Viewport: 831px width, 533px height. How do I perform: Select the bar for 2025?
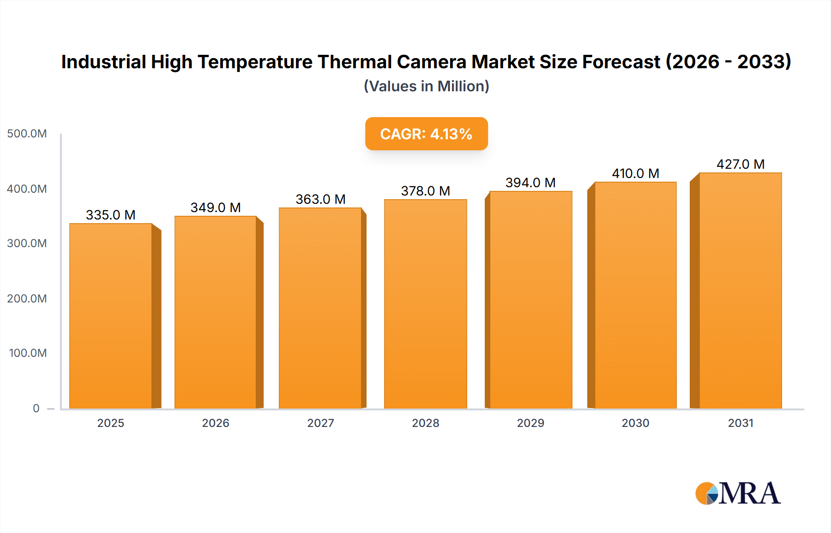[111, 316]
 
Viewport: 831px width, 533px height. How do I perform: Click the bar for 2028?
[425, 304]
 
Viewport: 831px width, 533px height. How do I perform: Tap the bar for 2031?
[740, 290]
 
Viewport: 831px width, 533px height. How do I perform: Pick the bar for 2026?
[215, 312]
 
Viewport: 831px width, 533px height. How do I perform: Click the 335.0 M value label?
[111, 215]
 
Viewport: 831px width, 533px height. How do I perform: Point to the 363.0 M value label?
[320, 199]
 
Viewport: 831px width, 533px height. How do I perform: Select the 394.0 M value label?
[530, 183]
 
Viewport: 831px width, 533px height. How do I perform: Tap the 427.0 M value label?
[741, 164]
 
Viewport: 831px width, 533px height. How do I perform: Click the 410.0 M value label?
[635, 173]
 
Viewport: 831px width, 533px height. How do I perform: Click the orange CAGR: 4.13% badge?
[426, 134]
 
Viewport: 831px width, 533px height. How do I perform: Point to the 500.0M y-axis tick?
[27, 134]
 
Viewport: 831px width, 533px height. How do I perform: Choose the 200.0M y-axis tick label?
[27, 298]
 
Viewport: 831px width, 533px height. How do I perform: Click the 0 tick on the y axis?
[36, 408]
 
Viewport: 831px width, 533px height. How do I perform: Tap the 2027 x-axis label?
[320, 423]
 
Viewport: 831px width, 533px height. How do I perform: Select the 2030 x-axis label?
[635, 423]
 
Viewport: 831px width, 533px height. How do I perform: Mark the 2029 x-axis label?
[530, 423]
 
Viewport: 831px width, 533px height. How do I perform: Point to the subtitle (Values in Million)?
[426, 86]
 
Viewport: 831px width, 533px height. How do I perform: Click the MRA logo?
[738, 493]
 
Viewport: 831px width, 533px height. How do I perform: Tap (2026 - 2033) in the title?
[729, 62]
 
